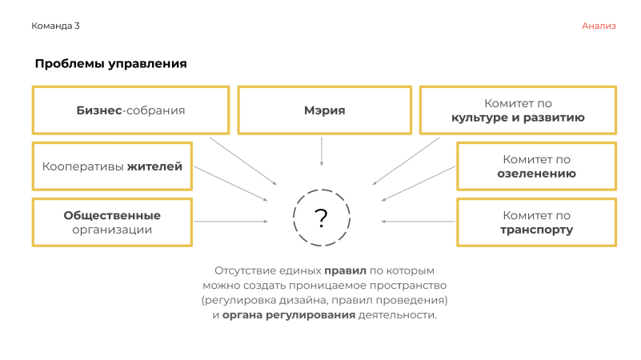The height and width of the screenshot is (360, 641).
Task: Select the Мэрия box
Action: coord(324,110)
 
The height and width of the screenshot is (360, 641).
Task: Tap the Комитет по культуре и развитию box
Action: coord(518,110)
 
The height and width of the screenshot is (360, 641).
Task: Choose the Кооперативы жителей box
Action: coord(112,166)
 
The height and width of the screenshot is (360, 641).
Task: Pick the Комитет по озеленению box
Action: coord(536,166)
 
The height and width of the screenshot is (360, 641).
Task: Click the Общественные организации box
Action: coord(112,222)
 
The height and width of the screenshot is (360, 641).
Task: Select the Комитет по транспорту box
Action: coord(536,222)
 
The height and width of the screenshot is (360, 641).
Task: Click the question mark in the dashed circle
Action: coord(321,218)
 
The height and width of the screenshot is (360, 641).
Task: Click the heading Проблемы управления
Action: coord(110,64)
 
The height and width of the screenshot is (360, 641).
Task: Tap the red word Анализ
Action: coord(599,26)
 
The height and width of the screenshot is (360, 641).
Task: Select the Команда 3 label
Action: coord(55,26)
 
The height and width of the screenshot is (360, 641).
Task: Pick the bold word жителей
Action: coord(155,166)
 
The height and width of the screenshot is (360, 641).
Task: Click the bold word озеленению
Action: coord(536,174)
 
